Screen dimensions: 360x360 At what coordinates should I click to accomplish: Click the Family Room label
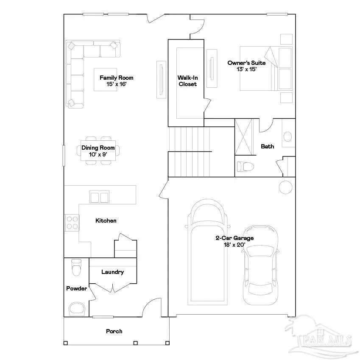(x=116, y=78)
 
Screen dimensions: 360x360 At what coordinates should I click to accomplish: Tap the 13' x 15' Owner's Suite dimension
(x=246, y=69)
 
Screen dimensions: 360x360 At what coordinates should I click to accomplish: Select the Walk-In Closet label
(x=187, y=81)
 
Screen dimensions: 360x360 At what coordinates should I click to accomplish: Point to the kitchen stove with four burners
(x=72, y=223)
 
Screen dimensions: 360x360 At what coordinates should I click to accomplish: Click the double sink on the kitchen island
(x=100, y=197)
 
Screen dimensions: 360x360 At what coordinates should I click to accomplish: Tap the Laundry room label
(x=112, y=272)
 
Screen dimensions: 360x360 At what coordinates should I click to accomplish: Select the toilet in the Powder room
(x=76, y=267)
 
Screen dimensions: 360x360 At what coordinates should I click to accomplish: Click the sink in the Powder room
(x=76, y=308)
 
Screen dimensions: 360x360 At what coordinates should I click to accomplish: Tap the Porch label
(x=114, y=331)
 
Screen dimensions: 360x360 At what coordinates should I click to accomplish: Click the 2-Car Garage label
(x=234, y=238)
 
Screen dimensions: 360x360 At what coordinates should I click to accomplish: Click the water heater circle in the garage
(x=285, y=187)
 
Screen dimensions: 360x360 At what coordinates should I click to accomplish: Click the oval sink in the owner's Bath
(x=287, y=137)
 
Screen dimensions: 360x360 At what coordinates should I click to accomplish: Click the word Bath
(x=267, y=146)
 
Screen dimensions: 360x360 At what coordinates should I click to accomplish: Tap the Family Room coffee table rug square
(x=105, y=79)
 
